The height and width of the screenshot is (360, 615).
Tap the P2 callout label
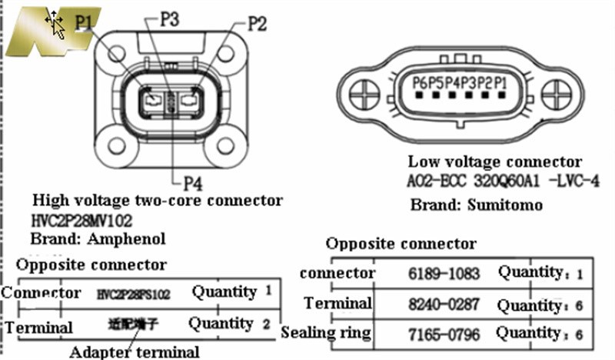click(x=257, y=24)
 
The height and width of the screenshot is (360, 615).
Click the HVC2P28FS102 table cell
click(x=135, y=293)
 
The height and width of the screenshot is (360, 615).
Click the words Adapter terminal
click(x=134, y=352)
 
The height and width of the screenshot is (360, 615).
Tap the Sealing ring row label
click(x=327, y=333)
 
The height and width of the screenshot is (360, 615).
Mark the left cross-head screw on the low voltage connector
click(x=364, y=96)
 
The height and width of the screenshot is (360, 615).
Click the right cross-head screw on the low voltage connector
click(x=557, y=96)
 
